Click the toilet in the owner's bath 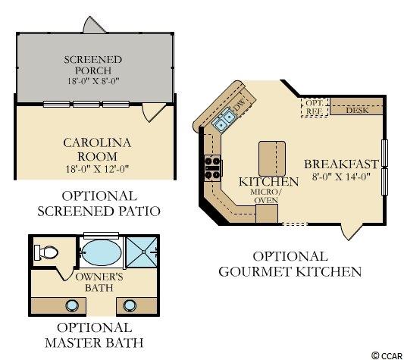point(46,252)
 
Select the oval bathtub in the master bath point(102,253)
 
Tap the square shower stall point(142,252)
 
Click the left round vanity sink point(71,305)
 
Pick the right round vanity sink point(130,305)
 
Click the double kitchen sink point(224,120)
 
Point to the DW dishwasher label point(240,105)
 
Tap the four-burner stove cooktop point(212,168)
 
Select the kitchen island point(272,158)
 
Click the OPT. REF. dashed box point(315,107)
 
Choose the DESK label point(357,111)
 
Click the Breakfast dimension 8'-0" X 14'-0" point(341,177)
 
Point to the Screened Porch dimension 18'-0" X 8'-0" point(93,81)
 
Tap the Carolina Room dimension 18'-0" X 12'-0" point(97,169)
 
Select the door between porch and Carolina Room point(154,112)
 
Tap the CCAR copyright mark point(387,355)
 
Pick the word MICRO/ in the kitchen point(266,192)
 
